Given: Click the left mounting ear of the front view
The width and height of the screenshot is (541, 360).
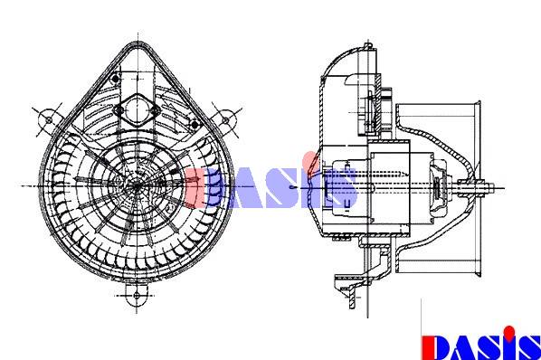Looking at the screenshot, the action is pyautogui.click(x=48, y=119).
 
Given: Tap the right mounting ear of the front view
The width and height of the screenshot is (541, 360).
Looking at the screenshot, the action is pyautogui.click(x=225, y=120).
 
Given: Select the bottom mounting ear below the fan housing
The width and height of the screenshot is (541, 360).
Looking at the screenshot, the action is pyautogui.click(x=137, y=295).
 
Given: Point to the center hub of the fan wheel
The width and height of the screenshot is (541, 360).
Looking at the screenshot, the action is pyautogui.click(x=137, y=185).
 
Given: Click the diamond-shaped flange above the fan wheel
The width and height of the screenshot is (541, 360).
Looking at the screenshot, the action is pyautogui.click(x=137, y=110).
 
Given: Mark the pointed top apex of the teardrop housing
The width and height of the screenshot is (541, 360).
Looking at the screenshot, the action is pyautogui.click(x=137, y=43).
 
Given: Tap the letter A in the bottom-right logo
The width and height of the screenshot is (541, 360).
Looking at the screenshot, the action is pyautogui.click(x=461, y=348).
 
